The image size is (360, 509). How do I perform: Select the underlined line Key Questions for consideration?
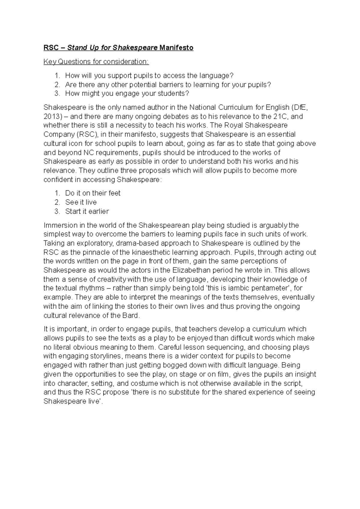coord(96,62)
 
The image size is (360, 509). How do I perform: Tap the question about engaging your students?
coord(127,94)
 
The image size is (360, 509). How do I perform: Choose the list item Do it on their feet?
coord(93,193)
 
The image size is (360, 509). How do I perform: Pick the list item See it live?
coord(81,202)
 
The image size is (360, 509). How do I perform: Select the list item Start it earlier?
coord(87,211)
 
